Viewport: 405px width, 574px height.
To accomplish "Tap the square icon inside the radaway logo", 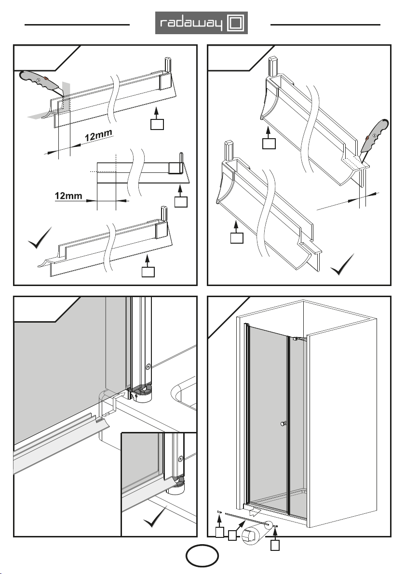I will pos(237,23).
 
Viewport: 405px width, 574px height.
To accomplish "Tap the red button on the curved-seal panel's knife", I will pos(369,138).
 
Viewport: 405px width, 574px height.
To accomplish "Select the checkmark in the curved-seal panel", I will pos(345,266).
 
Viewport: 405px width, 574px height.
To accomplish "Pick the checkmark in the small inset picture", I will pos(157,518).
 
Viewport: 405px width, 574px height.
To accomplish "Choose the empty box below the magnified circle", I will pos(274,546).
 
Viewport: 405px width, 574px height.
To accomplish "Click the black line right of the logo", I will pos(326,24).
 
